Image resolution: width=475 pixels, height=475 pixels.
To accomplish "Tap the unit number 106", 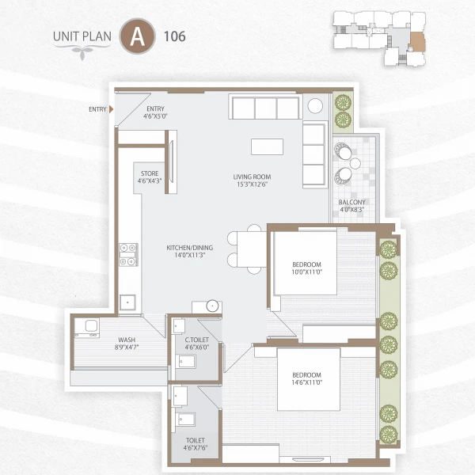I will (174, 36).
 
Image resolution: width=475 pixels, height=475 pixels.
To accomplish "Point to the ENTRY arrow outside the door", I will (112, 109).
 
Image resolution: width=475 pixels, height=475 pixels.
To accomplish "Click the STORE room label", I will (150, 177).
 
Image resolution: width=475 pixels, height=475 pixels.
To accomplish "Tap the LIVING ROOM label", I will (252, 180).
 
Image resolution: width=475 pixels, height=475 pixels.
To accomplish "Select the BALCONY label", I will (351, 207).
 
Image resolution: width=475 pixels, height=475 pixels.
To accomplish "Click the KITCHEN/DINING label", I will (186, 252).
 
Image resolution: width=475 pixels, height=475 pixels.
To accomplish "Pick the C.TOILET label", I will (196, 343).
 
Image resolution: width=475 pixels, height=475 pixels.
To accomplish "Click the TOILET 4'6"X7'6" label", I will (195, 443).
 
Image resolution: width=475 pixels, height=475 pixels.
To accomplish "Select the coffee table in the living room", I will (267, 147).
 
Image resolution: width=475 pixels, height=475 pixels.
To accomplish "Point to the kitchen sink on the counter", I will (127, 301).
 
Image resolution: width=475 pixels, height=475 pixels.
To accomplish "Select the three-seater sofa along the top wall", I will (264, 108).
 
